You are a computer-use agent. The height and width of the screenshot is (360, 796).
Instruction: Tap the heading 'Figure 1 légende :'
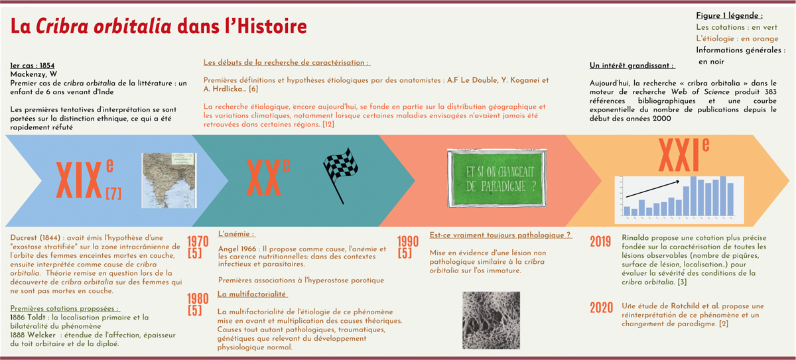click(729, 15)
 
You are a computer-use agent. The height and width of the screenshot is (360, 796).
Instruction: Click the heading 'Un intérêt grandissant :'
click(631, 66)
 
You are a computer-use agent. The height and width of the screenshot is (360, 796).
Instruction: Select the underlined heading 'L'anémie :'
click(237, 234)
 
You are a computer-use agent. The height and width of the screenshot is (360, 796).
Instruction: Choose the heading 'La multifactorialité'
click(252, 294)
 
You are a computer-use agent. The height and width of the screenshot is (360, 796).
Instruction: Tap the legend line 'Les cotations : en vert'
click(736, 27)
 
